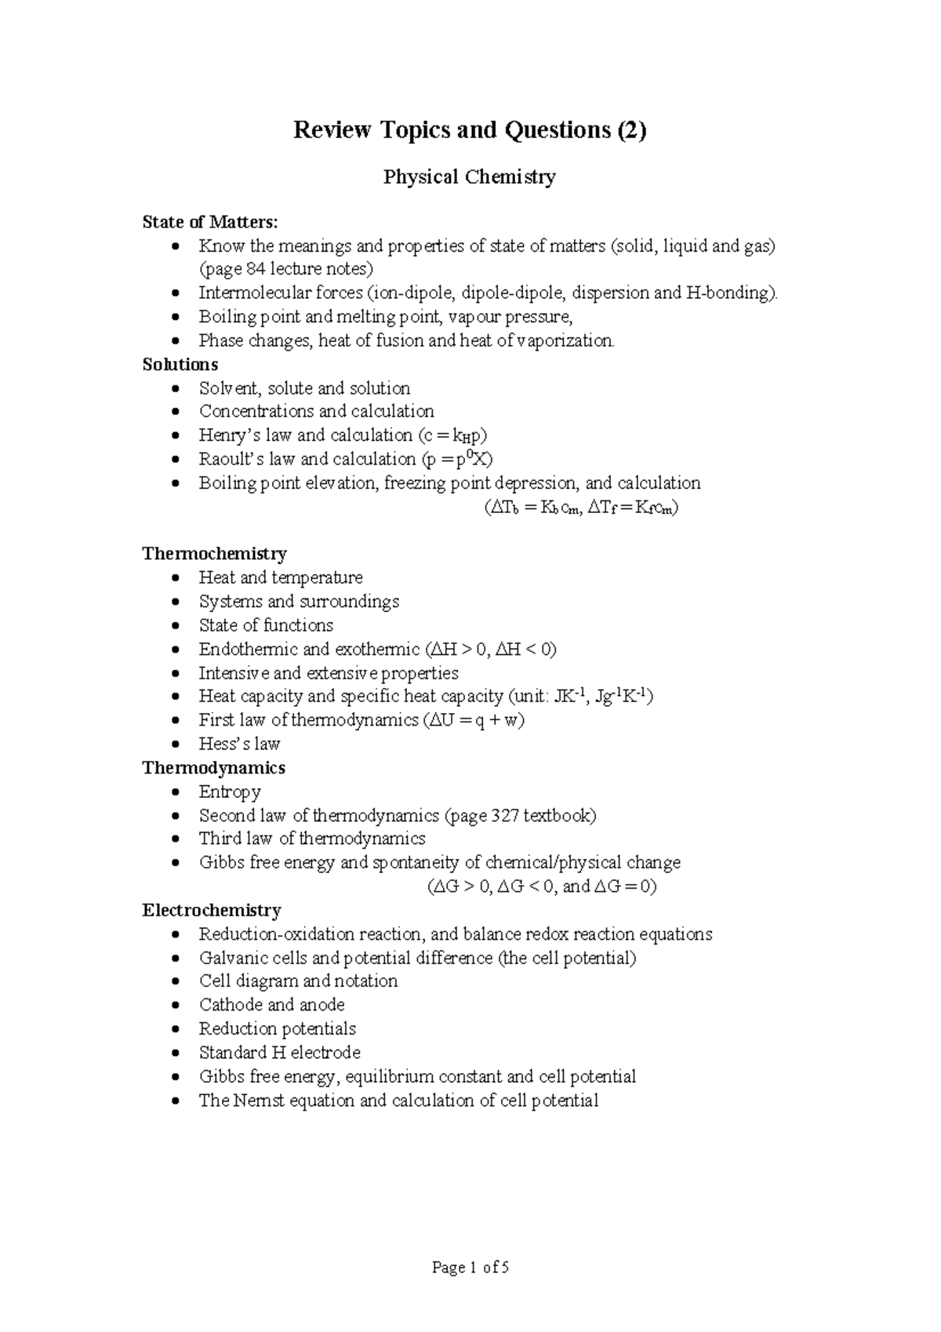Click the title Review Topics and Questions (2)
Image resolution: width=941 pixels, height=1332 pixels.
point(470,129)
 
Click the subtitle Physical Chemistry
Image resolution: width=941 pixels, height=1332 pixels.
point(469,177)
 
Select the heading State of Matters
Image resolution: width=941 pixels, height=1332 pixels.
point(209,222)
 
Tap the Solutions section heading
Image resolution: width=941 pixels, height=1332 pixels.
point(180,365)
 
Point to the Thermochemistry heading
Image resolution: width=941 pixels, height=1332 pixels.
point(214,554)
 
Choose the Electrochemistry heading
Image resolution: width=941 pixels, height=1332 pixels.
point(211,910)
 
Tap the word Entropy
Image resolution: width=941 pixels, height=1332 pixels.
point(229,792)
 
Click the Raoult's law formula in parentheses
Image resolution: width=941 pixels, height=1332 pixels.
point(456,459)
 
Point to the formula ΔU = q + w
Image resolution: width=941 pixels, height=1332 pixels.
point(473,720)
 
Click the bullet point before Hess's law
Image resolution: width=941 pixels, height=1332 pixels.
point(180,744)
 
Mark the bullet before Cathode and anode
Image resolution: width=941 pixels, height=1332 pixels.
point(180,1006)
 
